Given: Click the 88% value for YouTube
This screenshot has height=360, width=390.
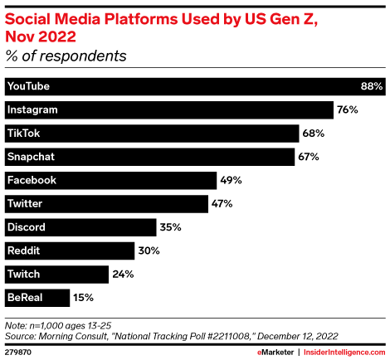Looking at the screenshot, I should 371,86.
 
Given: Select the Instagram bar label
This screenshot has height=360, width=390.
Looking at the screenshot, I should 32,109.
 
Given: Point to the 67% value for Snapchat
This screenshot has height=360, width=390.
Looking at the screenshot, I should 308,156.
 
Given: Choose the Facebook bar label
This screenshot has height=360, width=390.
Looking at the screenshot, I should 31,180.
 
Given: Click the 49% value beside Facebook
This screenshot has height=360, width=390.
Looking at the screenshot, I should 230,180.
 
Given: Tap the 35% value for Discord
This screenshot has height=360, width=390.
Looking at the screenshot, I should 170,226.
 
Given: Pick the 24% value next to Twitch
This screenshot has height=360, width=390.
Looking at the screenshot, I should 122,273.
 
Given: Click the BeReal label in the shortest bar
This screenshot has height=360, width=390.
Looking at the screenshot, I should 24,296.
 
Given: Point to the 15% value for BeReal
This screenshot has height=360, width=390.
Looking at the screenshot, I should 83,296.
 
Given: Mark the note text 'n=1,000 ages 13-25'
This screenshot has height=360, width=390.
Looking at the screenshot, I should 66,326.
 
